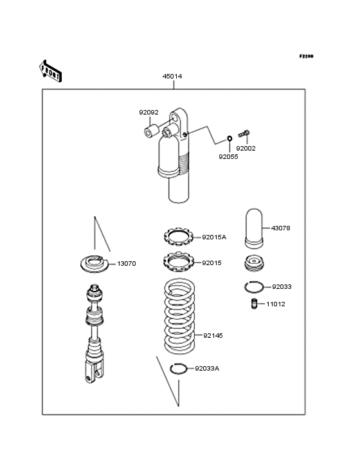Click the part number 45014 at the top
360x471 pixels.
pos(172,77)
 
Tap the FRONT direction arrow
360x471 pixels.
pos(50,71)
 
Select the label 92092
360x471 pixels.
pos(148,113)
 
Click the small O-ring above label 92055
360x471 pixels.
pos(230,138)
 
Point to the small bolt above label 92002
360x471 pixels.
pos(244,133)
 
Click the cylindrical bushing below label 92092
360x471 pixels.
pos(151,131)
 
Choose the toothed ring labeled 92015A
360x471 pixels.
pos(179,237)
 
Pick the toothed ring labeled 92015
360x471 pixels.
pos(179,262)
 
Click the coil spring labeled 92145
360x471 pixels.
pos(179,317)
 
